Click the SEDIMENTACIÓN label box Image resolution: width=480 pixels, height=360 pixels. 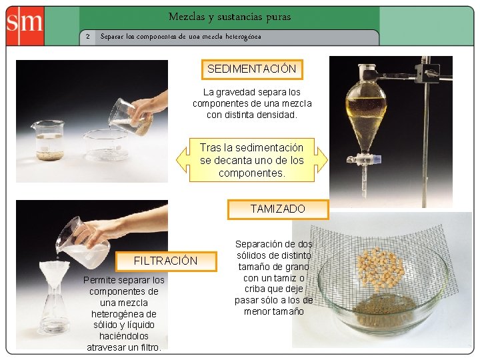(x=252, y=69)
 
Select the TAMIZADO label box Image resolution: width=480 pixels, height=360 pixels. (x=278, y=209)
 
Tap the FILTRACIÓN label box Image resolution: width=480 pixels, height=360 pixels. (x=166, y=261)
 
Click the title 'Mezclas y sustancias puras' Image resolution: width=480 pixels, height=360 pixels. (x=229, y=17)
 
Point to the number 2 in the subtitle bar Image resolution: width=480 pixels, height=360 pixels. (x=88, y=37)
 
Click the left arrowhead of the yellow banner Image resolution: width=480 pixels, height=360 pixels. (x=181, y=160)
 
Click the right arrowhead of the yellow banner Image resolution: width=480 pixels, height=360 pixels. (x=321, y=160)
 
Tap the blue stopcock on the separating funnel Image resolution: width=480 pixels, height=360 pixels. (x=377, y=159)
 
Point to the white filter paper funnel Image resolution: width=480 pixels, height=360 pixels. (x=55, y=273)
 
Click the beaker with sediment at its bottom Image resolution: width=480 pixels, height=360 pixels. (x=49, y=140)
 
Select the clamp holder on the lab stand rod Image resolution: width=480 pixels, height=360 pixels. (x=425, y=73)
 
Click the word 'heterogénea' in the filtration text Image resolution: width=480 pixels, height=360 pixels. (x=124, y=314)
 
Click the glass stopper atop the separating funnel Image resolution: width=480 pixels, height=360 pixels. (x=367, y=69)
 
